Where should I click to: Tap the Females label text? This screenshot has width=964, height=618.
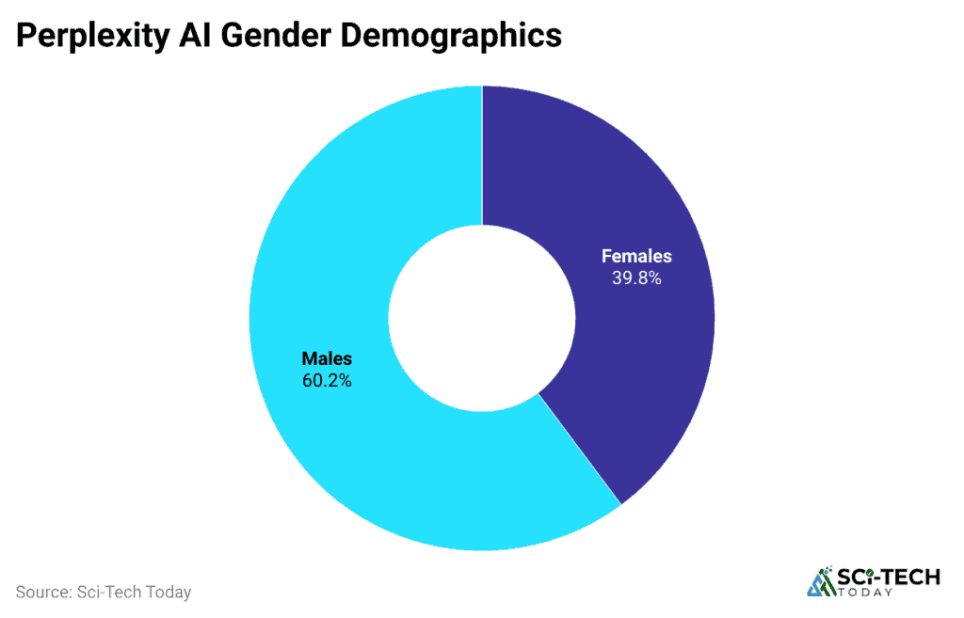point(636,256)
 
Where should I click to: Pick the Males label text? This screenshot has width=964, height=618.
point(327,358)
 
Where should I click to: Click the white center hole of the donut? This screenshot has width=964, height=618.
point(482,317)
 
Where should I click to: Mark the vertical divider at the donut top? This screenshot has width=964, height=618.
point(482,155)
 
